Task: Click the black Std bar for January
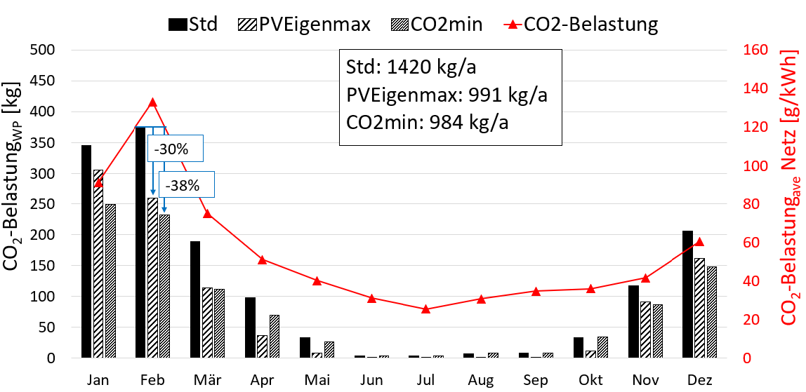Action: tap(86, 252)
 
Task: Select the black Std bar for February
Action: tap(140, 243)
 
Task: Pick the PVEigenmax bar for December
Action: tap(700, 308)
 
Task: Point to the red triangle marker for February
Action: tap(153, 102)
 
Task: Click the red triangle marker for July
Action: tap(426, 309)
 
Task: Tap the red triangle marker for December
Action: tap(699, 242)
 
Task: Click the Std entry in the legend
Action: tap(193, 25)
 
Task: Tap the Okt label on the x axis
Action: tap(590, 379)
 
